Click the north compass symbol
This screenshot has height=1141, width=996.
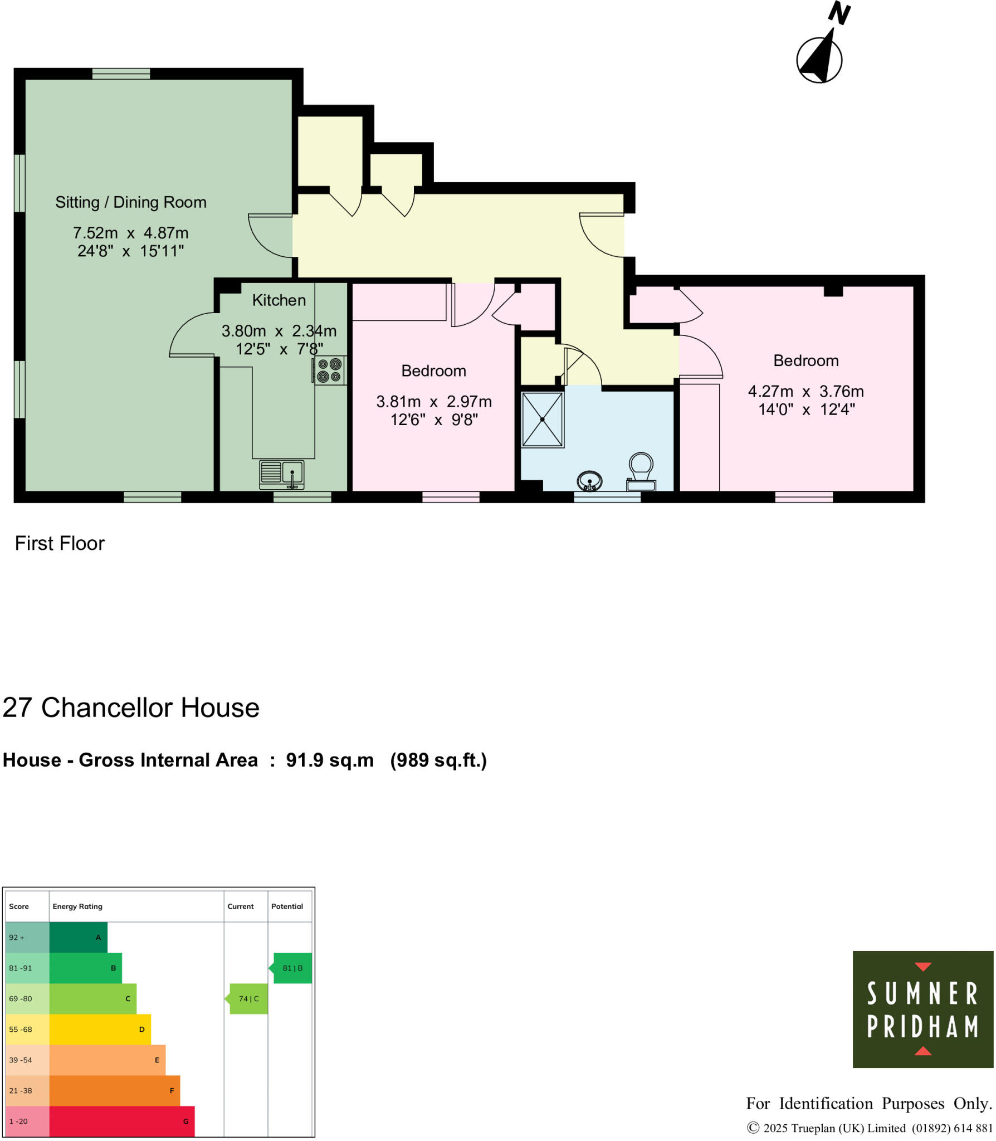819,58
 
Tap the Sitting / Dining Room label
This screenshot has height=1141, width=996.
131,202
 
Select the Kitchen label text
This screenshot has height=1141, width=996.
279,300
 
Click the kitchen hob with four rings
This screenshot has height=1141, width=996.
329,370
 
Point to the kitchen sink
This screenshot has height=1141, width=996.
282,474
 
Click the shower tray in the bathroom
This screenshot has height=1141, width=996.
542,420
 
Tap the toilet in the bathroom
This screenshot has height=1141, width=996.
641,471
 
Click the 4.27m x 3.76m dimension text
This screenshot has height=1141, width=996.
805,391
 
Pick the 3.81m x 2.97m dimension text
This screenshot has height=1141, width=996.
433,401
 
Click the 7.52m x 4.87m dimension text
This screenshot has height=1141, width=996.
131,233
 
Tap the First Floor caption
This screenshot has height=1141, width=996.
60,543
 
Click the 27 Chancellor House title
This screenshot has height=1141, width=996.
131,708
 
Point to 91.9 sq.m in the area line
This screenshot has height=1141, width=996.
330,760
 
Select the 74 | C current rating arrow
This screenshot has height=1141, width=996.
248,998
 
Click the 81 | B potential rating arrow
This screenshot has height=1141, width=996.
292,968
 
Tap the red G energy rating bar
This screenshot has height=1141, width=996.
122,1121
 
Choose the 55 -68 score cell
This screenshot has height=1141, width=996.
27,1029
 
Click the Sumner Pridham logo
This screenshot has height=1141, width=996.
922,1009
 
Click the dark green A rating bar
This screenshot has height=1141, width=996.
78,937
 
